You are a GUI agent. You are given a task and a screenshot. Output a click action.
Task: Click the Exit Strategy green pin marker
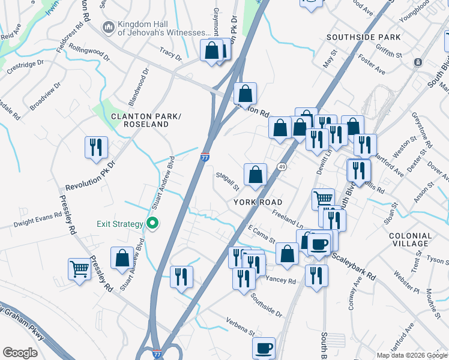(152, 224)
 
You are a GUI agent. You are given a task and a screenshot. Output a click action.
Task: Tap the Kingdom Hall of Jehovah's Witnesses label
(158, 29)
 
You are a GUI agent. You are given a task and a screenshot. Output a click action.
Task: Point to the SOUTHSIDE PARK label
(363, 37)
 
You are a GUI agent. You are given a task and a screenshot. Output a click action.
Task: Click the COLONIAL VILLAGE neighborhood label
(410, 239)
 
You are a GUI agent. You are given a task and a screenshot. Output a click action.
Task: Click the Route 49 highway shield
(281, 166)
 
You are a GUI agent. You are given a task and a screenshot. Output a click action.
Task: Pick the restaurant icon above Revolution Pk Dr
(96, 148)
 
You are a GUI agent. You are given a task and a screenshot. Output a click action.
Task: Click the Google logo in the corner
(20, 353)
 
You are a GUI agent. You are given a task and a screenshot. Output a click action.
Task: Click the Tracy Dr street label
(170, 55)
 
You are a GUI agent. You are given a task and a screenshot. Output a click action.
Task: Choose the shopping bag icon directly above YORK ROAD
(255, 175)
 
